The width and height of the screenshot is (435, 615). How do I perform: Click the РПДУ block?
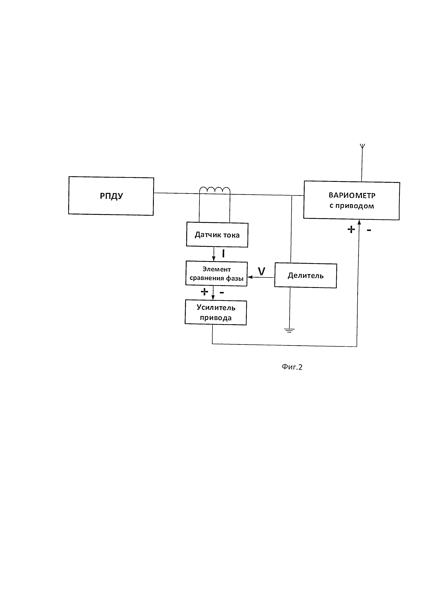[x=111, y=196]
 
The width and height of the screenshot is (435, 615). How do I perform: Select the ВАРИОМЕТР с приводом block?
[x=352, y=200]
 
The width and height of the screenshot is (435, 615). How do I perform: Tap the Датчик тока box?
[x=217, y=235]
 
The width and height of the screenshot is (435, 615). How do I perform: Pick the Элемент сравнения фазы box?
[x=216, y=274]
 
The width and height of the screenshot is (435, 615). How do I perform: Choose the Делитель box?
[x=305, y=276]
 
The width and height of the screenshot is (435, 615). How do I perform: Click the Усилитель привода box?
[x=216, y=313]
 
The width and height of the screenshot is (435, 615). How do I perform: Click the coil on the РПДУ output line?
[x=215, y=190]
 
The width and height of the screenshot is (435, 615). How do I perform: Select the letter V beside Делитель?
[x=261, y=271]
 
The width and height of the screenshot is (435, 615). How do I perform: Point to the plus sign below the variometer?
[x=351, y=229]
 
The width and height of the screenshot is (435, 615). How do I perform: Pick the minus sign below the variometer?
[x=369, y=230]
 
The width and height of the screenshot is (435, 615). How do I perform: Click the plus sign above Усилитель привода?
[x=204, y=291]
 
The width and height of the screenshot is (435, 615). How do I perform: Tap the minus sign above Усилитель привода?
[x=222, y=293]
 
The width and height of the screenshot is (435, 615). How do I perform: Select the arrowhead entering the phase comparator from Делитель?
[x=249, y=277]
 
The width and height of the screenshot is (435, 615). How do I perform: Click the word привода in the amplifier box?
[x=216, y=318]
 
